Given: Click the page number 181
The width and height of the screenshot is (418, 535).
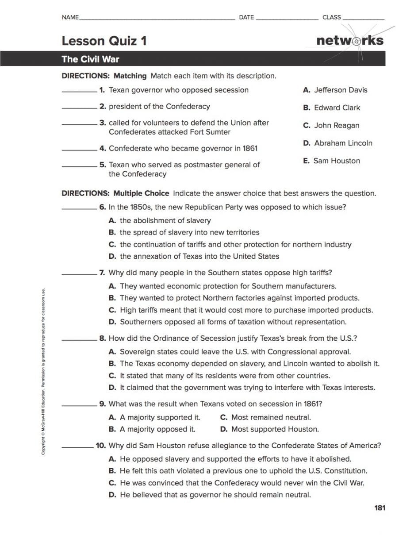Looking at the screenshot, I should pyautogui.click(x=380, y=508).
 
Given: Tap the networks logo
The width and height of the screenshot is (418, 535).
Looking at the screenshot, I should pyautogui.click(x=350, y=41).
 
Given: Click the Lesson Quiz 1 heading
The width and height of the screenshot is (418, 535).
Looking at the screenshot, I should pyautogui.click(x=104, y=41).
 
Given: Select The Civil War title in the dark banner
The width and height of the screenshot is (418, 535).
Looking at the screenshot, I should pyautogui.click(x=90, y=59).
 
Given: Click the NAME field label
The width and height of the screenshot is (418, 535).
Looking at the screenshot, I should pyautogui.click(x=70, y=17).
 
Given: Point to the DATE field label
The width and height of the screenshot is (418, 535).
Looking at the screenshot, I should pyautogui.click(x=246, y=17).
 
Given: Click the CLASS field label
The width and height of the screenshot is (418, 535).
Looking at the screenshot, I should pyautogui.click(x=332, y=17).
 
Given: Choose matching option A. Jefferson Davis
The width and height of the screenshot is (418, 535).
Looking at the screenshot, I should pyautogui.click(x=335, y=90).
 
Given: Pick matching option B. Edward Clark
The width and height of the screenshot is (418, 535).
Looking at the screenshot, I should pyautogui.click(x=331, y=108).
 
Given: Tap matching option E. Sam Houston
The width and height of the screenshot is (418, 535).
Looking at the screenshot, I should pyautogui.click(x=331, y=161).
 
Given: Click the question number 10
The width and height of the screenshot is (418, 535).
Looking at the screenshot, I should pyautogui.click(x=101, y=446).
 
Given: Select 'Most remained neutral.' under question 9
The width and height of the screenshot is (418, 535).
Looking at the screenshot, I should pyautogui.click(x=265, y=417).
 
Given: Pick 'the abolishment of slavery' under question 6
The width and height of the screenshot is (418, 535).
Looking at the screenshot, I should pyautogui.click(x=160, y=220).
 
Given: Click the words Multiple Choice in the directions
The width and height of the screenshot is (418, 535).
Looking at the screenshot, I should pyautogui.click(x=141, y=193).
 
